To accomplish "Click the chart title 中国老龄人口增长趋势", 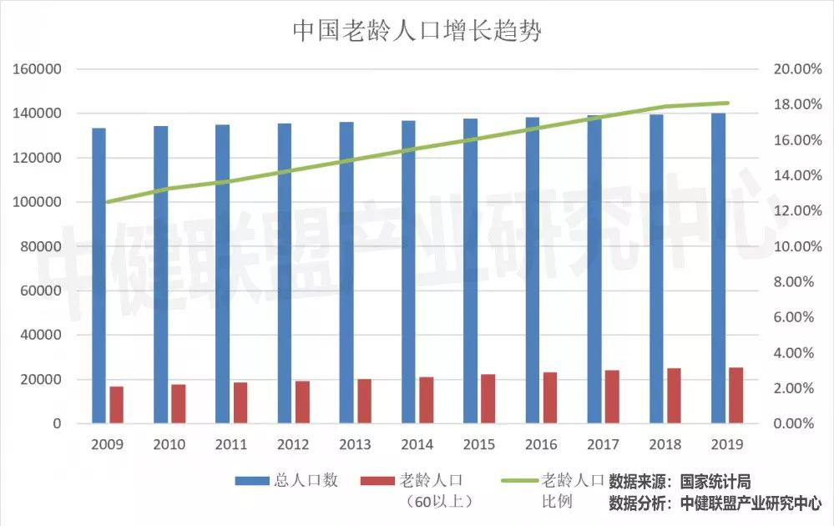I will coord(417,31).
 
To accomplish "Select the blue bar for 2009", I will coord(99,276).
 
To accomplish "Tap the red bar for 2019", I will coord(735,395).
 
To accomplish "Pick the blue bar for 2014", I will coord(408,272).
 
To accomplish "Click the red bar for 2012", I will coord(301,402).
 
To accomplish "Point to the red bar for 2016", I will coord(549,397).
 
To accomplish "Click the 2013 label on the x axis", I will coord(355,444).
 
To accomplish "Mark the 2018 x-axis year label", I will coord(665,444).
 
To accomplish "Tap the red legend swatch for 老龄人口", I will coord(377,481).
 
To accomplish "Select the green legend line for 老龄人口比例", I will coord(518,481).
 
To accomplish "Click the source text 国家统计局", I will coord(715,482).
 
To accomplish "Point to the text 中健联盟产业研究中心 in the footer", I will coord(751,503).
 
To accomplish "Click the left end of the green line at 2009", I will coord(107,201).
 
